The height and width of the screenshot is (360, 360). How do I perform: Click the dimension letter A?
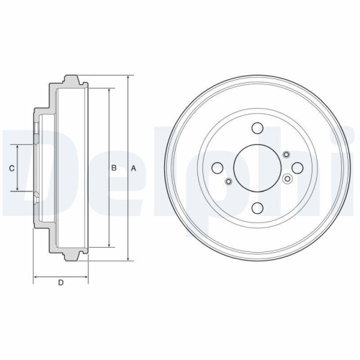133,168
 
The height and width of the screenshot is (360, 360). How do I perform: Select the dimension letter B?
113,168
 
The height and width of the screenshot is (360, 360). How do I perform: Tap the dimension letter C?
11,168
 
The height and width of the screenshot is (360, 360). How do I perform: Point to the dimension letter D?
60,282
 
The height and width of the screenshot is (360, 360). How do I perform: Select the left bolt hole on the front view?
217,168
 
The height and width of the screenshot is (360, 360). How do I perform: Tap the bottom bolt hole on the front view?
257,207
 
